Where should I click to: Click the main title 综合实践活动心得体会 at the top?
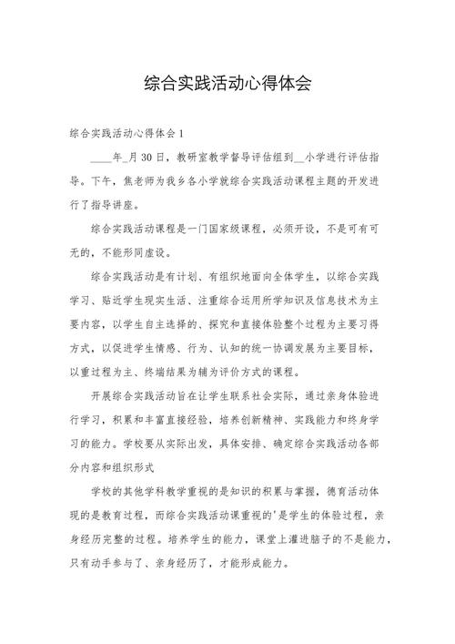227,84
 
